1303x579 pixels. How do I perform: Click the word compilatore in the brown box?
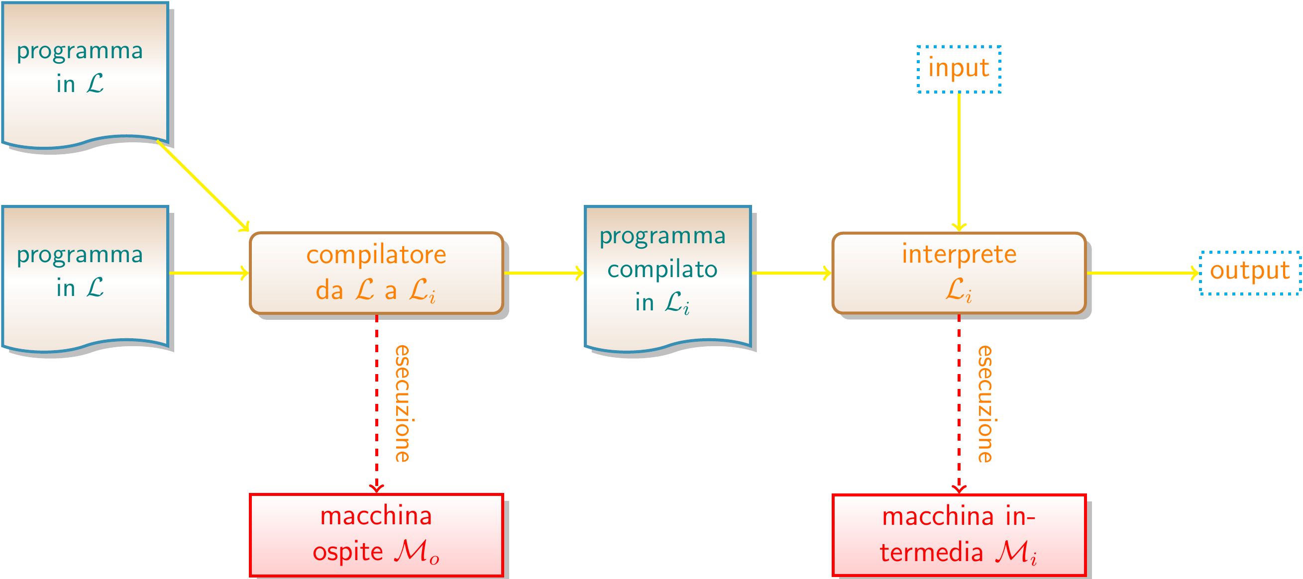coord(376,255)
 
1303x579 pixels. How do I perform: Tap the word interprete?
coord(959,254)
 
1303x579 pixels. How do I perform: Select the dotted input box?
coord(959,69)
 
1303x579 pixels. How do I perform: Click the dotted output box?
coord(1249,272)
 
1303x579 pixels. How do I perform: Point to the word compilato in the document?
coord(662,269)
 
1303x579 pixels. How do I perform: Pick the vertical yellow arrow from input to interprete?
coord(959,162)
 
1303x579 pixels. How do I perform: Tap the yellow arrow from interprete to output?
coord(1143,273)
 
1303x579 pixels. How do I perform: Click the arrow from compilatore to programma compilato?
coord(544,273)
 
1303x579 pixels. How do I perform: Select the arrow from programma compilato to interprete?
coord(792,273)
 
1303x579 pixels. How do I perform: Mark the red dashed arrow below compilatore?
coord(377,404)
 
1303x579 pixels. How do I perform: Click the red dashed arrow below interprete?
coord(959,404)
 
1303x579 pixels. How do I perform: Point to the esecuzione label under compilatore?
coord(403,403)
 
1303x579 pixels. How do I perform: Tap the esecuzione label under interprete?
coord(985,403)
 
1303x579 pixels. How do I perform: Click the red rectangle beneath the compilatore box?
coord(376,535)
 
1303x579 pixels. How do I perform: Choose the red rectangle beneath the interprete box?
coord(959,535)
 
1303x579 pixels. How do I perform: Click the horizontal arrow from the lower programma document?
coord(209,273)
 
